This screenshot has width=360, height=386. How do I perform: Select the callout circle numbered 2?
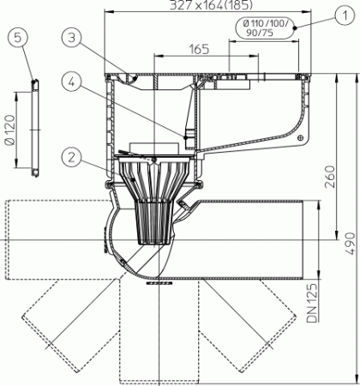tap(73, 156)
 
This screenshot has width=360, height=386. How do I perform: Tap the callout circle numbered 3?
tap(73, 37)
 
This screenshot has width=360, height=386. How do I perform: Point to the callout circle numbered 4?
tap(73, 83)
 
